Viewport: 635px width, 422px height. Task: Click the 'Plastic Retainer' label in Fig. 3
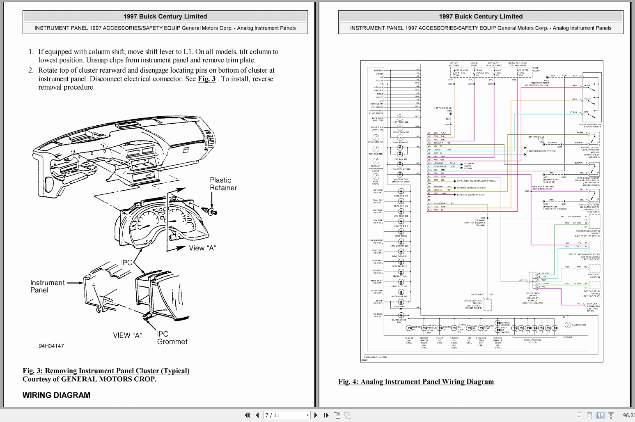point(223,184)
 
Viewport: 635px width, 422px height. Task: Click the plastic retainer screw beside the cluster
point(212,212)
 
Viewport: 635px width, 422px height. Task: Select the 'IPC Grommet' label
point(172,338)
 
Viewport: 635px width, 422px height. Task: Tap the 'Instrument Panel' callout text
point(47,286)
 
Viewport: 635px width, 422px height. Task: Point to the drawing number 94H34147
point(51,346)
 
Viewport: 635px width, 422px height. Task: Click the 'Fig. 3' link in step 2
point(206,79)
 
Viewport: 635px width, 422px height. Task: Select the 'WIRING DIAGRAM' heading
point(56,395)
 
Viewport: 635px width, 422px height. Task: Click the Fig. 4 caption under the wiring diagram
point(416,382)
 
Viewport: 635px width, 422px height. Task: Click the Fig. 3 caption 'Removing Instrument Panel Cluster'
point(106,371)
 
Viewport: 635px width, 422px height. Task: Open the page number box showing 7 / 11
point(286,415)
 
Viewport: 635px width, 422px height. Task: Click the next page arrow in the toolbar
point(316,415)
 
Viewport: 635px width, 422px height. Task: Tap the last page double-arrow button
point(326,415)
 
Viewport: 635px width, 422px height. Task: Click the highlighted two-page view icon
point(600,415)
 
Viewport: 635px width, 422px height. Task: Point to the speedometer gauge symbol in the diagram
point(376,137)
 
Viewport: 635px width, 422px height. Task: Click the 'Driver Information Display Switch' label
point(589,125)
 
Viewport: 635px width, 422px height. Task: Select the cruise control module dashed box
point(487,305)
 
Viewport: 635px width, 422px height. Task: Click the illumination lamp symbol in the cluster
point(568,325)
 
